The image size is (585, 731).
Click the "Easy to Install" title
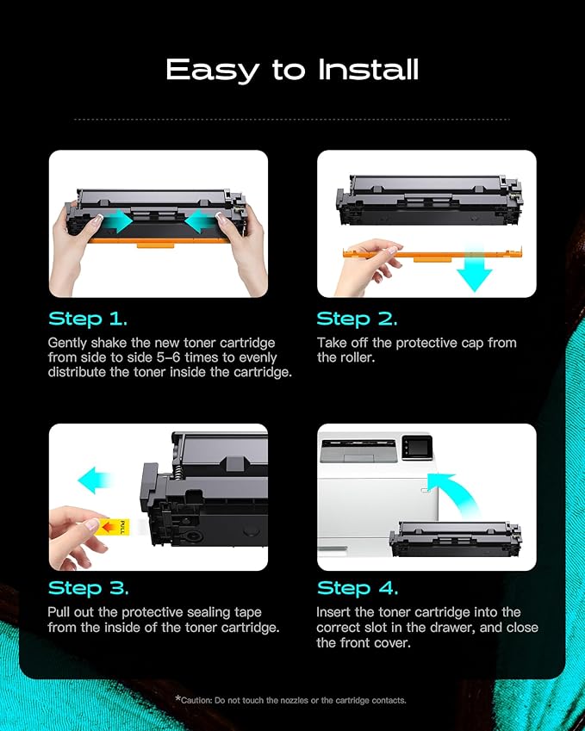click(x=292, y=70)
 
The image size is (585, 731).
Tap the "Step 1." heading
click(x=88, y=319)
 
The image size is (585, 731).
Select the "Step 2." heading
click(x=357, y=319)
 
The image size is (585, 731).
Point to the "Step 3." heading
click(x=88, y=588)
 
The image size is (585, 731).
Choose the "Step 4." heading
click(x=358, y=588)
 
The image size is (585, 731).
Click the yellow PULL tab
click(x=115, y=527)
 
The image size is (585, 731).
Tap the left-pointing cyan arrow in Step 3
click(x=95, y=480)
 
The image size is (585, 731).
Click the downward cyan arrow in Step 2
click(x=475, y=270)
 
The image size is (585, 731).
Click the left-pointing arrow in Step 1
click(x=201, y=221)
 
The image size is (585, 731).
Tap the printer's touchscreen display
click(x=417, y=447)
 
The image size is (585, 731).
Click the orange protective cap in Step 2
click(x=432, y=255)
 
